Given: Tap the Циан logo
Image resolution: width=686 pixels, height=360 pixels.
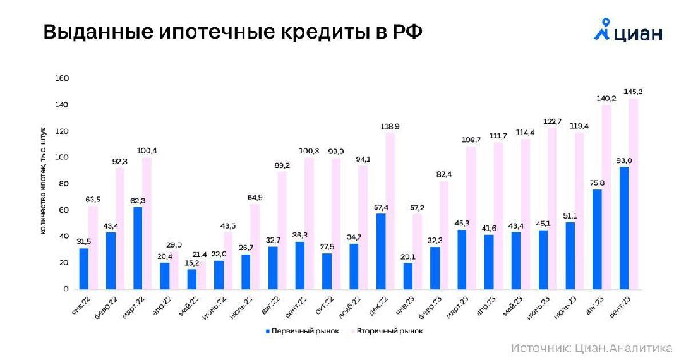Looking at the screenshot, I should (629, 31).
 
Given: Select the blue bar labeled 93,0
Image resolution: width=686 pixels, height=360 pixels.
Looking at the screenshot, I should (623, 228).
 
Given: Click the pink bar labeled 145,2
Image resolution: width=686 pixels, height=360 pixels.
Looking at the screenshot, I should (635, 194).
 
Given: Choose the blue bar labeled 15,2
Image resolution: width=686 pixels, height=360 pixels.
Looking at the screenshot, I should (191, 279).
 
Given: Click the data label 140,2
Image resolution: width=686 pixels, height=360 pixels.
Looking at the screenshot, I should (607, 99).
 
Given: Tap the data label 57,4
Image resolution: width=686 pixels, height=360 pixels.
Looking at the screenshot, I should (380, 207).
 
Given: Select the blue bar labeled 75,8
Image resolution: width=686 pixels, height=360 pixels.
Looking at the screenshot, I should (596, 239).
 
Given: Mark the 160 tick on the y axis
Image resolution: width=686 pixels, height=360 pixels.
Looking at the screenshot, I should (61, 78).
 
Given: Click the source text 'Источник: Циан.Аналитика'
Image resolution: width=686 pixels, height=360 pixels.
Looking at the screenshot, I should (593, 348).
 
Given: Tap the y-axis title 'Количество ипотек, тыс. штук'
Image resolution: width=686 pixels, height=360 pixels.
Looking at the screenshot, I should (42, 183).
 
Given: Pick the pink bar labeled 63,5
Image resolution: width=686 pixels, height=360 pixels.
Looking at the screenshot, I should (93, 247).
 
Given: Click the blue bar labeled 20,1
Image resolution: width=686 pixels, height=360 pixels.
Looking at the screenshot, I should (407, 276).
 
